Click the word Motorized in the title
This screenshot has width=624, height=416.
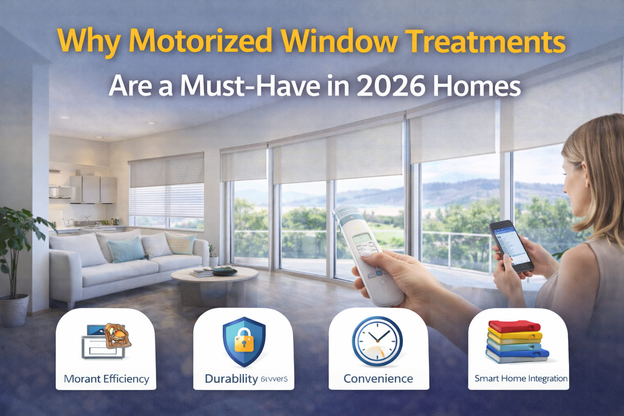coord(202,41)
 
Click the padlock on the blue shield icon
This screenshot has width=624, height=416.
coord(244,341)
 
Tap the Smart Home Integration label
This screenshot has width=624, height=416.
coord(521,379)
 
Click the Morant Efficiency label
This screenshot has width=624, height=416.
coord(106,379)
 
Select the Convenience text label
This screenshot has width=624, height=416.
coord(378,379)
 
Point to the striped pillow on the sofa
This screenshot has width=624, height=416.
coord(180,243)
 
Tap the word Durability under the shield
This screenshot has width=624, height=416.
coord(231,379)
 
